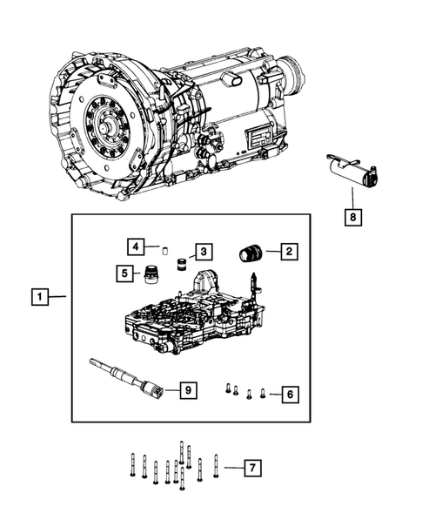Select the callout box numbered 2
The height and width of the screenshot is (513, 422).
click(x=289, y=253)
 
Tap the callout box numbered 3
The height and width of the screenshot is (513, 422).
click(x=202, y=252)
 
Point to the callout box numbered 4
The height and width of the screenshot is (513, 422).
click(x=135, y=246)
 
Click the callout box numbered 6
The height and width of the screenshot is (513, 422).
click(x=290, y=395)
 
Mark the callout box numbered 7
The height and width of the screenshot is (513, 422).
click(x=251, y=469)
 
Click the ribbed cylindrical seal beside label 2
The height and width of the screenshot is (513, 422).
click(x=251, y=253)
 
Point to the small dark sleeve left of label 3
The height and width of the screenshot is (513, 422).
click(x=181, y=263)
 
